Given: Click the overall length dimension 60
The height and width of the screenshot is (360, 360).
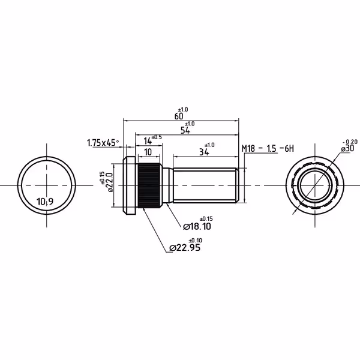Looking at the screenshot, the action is (179, 116).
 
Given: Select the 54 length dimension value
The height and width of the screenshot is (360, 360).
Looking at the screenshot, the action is (185, 131).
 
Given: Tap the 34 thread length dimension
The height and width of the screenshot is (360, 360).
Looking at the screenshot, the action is (203, 152).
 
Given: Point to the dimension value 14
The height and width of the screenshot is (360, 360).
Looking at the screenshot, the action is (148, 141).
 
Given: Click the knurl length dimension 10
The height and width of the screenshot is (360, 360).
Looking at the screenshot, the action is (148, 152).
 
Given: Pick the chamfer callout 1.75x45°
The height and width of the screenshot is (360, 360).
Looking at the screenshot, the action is (103, 143).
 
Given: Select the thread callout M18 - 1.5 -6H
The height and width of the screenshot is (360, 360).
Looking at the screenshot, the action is (268, 149).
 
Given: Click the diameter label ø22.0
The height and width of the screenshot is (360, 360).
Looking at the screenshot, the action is (110, 182).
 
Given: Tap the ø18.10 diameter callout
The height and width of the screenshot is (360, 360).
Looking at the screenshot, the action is (197, 227).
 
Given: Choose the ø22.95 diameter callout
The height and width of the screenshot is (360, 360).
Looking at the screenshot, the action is (185, 248).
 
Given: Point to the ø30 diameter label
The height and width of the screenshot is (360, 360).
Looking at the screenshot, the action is (347, 149).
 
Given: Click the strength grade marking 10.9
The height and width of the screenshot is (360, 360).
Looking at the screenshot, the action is (45, 202).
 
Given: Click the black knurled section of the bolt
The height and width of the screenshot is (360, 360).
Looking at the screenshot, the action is (149, 185).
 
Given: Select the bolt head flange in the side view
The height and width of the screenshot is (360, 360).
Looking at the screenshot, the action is (130, 185).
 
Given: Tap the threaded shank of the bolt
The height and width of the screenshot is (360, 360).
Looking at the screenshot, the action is (205, 185).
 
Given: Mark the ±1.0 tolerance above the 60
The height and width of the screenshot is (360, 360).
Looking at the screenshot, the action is (183, 110).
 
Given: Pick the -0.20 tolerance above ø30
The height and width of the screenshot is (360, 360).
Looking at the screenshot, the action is (350, 142).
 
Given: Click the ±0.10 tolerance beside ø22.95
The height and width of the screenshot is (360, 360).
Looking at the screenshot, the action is (196, 241).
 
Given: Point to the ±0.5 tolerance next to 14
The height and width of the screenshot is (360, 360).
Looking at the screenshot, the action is (157, 137).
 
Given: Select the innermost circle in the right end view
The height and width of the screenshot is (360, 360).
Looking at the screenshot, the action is (315, 185).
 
